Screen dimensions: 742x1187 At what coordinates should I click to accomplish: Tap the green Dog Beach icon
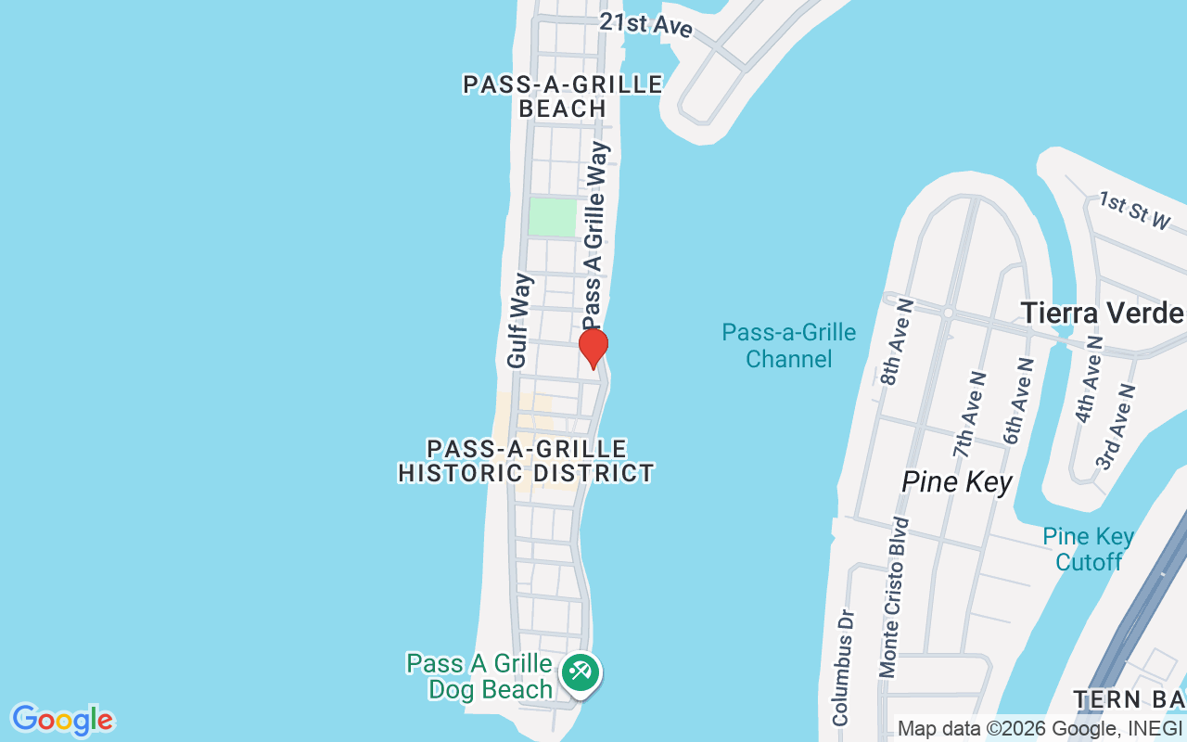[x=581, y=672]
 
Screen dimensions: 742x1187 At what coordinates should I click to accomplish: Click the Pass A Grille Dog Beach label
[x=480, y=677]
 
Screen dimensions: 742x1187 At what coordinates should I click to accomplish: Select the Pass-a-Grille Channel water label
[x=788, y=345]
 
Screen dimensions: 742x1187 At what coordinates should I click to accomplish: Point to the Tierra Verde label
[x=1102, y=313]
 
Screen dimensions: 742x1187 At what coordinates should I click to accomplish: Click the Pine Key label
[x=956, y=482]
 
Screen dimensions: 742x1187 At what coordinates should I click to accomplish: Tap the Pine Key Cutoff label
[x=1088, y=549]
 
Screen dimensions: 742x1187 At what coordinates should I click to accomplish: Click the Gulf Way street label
[x=520, y=319]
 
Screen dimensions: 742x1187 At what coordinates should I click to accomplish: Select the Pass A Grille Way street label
[x=594, y=235]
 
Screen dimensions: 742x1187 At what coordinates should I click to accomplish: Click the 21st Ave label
[x=645, y=24]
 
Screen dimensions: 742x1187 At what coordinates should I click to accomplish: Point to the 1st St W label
[x=1135, y=211]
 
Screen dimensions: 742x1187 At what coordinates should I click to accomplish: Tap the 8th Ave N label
[x=896, y=342]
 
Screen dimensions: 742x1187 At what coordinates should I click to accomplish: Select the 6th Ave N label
[x=1018, y=402]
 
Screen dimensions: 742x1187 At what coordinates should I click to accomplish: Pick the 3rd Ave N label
[x=1116, y=427]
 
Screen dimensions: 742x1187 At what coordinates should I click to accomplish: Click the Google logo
[x=62, y=720]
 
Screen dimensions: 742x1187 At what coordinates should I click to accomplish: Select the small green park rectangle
[x=552, y=217]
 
